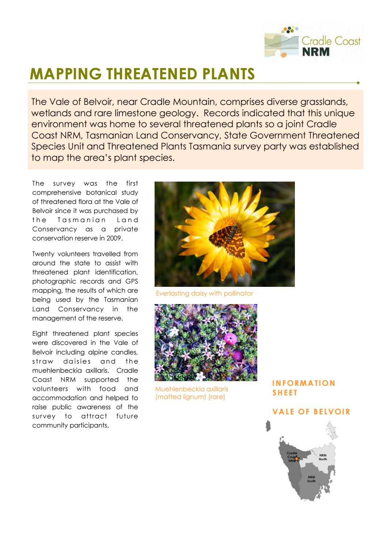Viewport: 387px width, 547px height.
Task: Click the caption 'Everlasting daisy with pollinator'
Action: tap(204, 293)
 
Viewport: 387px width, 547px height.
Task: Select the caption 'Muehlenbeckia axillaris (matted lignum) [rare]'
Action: tap(191, 393)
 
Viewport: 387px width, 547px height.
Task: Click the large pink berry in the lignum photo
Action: tap(230, 338)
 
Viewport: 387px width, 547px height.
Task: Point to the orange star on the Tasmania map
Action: tap(297, 459)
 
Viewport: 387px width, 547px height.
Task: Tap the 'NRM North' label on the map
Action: tap(323, 457)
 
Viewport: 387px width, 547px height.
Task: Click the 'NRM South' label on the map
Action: tap(311, 479)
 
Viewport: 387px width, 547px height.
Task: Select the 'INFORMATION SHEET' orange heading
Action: tap(304, 388)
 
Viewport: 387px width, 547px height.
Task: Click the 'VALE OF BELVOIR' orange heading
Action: tap(311, 412)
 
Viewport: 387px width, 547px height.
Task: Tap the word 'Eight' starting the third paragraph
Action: tap(40, 334)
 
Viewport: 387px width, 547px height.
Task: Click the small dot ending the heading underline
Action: tap(358, 83)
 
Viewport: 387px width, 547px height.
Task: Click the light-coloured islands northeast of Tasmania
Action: tap(332, 429)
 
